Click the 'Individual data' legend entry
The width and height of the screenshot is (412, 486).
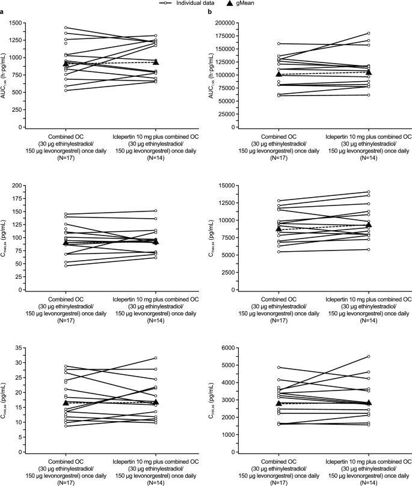click(200, 4)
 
